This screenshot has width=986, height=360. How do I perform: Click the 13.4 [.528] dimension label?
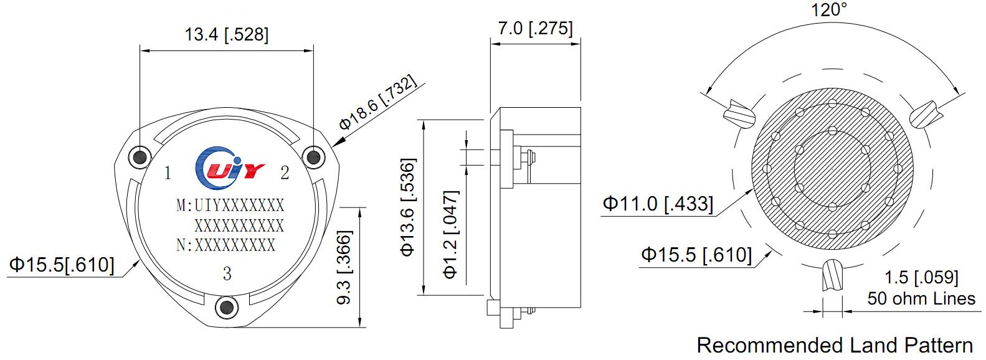click(x=226, y=34)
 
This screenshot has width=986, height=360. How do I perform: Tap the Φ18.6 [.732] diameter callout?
click(x=376, y=105)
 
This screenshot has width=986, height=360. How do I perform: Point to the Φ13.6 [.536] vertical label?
click(x=407, y=207)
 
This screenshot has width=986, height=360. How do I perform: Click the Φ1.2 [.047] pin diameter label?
click(x=450, y=234)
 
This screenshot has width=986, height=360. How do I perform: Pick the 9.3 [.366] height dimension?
click(x=344, y=267)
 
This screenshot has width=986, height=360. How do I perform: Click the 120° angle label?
click(x=829, y=10)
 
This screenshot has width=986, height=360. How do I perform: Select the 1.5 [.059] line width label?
click(x=922, y=278)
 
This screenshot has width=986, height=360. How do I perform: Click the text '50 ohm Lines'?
click(x=921, y=299)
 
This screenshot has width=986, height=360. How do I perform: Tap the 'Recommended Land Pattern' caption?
click(x=834, y=345)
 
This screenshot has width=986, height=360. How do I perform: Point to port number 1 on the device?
click(x=168, y=173)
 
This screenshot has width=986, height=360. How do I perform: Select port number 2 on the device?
click(x=285, y=173)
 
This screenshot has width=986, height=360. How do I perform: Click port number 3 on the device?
click(x=227, y=273)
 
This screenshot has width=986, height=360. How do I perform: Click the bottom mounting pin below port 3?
click(x=227, y=307)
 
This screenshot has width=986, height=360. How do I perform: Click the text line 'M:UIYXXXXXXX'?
click(x=230, y=206)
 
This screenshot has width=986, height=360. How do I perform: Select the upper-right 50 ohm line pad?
click(x=924, y=114)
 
